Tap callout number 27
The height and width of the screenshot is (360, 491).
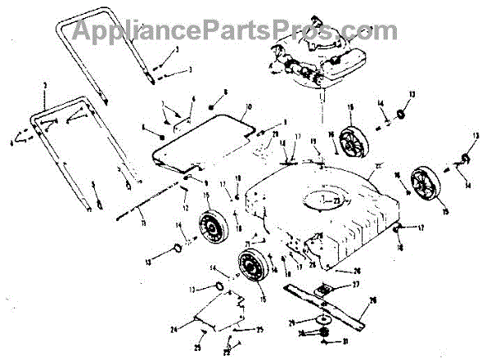click(356, 284)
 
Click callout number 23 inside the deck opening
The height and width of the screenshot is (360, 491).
click(339, 199)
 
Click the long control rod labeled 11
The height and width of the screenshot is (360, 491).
click(155, 197)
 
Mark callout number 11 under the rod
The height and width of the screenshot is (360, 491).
click(142, 223)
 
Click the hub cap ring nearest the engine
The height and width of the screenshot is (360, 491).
click(400, 111)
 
